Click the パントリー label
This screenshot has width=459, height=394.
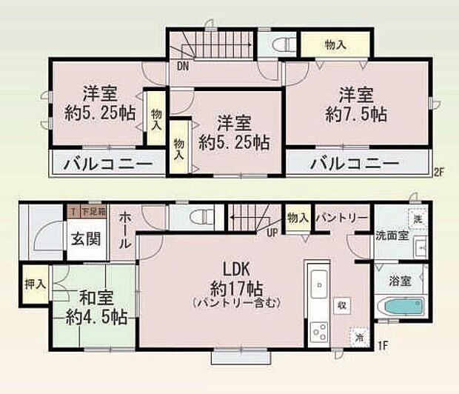[341, 218]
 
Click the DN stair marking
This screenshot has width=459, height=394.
[182, 64]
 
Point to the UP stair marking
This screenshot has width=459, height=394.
[272, 233]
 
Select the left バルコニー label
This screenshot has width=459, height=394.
[107, 163]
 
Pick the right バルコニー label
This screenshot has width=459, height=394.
[355, 163]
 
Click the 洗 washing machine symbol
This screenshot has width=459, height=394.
[418, 220]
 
